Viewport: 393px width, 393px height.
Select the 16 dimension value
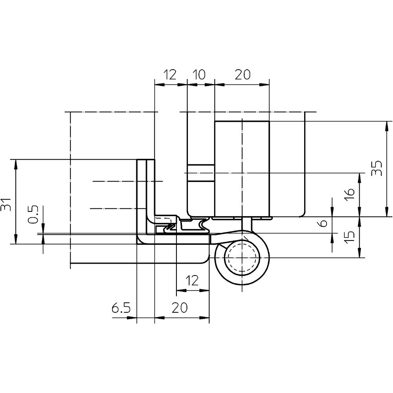tap(350, 194)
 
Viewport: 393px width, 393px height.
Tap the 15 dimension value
tap(350, 237)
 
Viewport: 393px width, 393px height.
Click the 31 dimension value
tap(6, 204)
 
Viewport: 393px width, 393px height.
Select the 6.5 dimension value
tap(121, 308)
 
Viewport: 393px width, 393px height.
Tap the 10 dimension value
tap(200, 74)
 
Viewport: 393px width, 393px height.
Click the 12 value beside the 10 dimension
tap(170, 74)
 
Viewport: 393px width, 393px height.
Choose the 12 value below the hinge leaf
tap(193, 280)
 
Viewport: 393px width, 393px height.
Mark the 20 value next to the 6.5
tap(180, 308)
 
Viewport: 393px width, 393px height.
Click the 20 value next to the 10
tap(242, 74)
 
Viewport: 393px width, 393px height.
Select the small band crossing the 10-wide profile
tap(201, 173)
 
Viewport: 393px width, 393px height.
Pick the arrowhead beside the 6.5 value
tap(132, 318)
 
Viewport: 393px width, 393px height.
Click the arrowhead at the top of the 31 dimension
tap(16, 164)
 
